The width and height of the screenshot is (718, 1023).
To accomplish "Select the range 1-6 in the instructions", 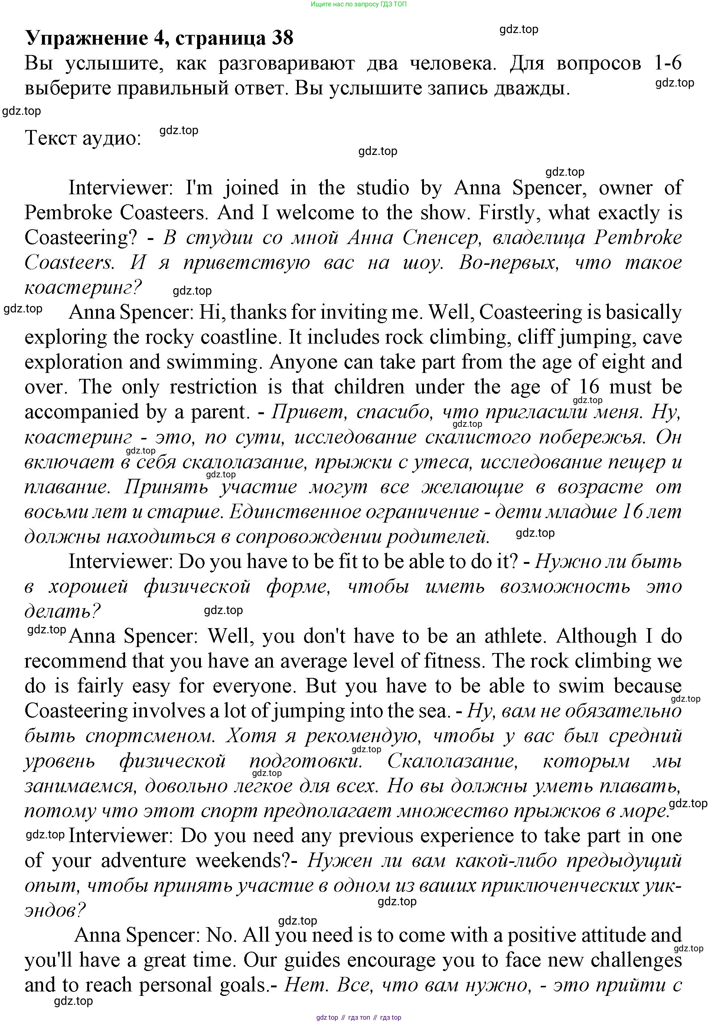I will pyautogui.click(x=668, y=63).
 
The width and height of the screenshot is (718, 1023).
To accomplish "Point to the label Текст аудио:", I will pyautogui.click(x=83, y=138).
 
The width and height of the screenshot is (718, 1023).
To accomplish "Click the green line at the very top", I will pyautogui.click(x=359, y=4).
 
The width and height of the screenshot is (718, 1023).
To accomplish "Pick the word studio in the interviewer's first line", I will pyautogui.click(x=383, y=188).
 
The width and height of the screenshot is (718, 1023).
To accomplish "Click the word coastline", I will pyautogui.click(x=241, y=337).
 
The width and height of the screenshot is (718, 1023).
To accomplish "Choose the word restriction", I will pyautogui.click(x=213, y=387).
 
